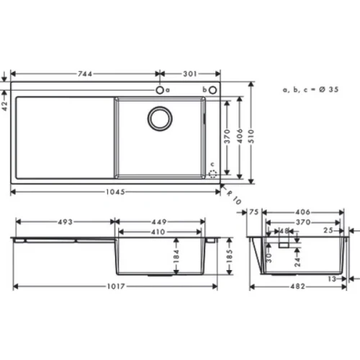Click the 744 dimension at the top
pos(86,73)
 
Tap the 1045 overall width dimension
pos(115,192)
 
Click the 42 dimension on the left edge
pos(5,104)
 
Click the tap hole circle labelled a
pos(158,90)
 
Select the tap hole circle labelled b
pos(213,90)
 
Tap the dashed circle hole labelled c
pos(212,174)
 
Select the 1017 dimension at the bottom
pos(115,287)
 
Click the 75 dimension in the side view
pos(253,212)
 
